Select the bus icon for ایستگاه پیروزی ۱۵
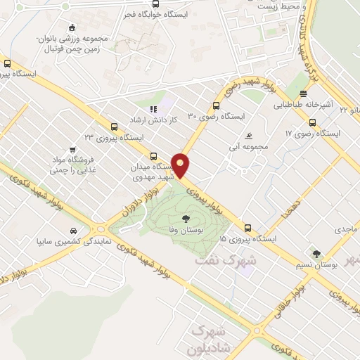click(x=247, y=228)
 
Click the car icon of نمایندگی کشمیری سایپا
click(x=73, y=230)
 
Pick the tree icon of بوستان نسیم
click(x=316, y=255)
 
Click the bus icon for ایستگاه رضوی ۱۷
click(x=312, y=122)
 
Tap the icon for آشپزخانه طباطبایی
click(x=303, y=94)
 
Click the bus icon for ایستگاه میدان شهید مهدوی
click(x=154, y=156)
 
